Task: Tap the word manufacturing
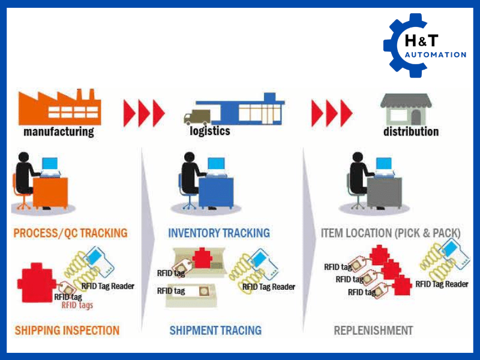(x=59, y=131)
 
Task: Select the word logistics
(x=209, y=130)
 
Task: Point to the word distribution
(x=411, y=131)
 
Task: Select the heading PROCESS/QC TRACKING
(x=70, y=233)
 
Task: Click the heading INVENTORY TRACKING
(x=219, y=233)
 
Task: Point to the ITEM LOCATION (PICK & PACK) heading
(x=391, y=233)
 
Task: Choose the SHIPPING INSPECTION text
(x=67, y=330)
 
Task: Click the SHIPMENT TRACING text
(x=215, y=330)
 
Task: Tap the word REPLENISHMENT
(x=373, y=330)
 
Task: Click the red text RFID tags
(x=77, y=305)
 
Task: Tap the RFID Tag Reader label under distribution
(x=442, y=284)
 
